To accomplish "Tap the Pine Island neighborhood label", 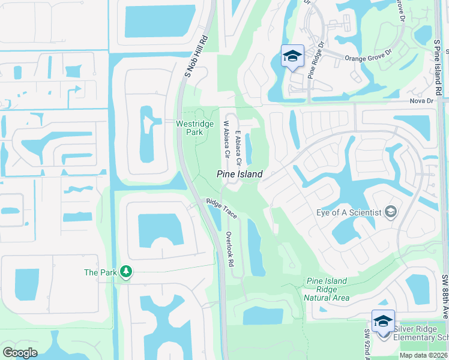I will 240,174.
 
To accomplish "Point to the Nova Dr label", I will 422,101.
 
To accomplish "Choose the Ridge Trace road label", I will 221,208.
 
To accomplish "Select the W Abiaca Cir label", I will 227,139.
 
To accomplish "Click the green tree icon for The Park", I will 125,272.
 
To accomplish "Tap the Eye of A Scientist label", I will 349,212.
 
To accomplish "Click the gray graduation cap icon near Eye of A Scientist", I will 391,212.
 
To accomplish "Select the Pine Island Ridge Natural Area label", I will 327,289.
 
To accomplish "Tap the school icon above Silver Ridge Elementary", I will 382,320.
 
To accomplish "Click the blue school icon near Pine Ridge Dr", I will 292,56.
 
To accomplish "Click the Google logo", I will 20,353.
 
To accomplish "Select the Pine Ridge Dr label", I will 316,60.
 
